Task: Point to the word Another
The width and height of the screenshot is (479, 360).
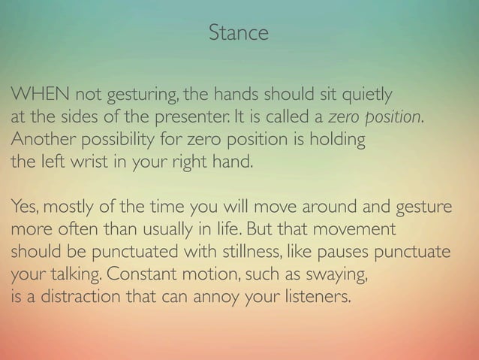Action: tap(35, 141)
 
